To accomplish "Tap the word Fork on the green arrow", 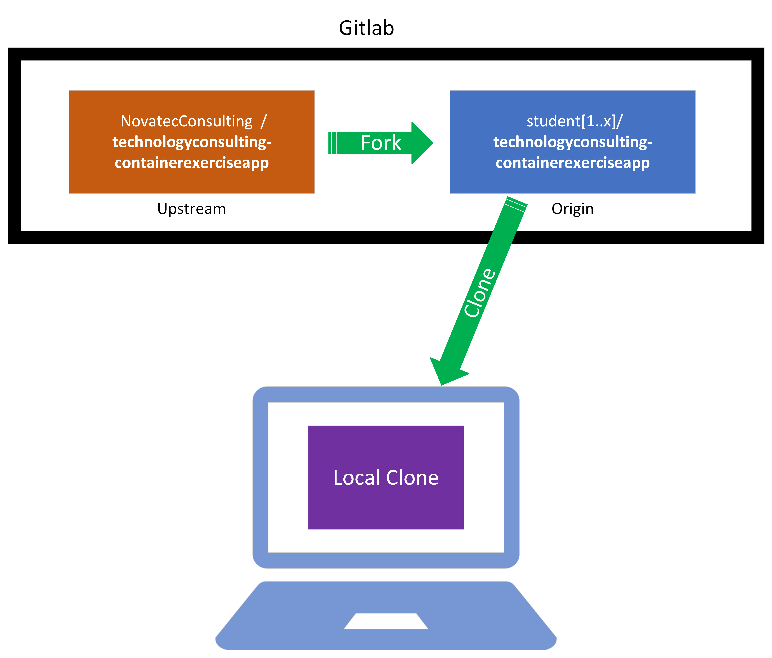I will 381,143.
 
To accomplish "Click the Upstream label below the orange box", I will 191,209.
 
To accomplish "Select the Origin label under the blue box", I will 572,209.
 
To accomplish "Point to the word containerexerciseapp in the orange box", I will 191,163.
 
